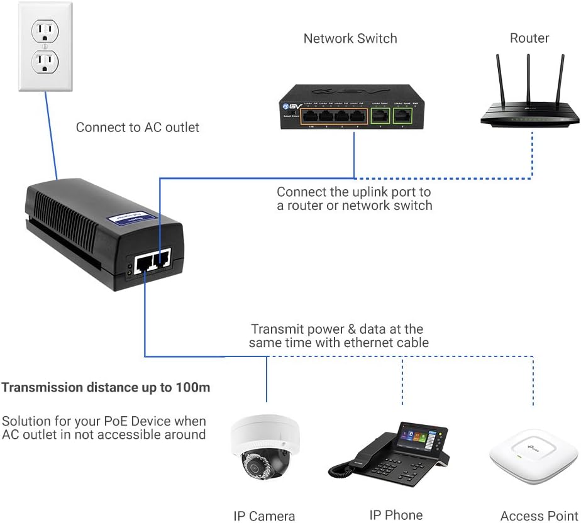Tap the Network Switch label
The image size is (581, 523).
tap(350, 38)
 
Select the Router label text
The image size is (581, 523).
tap(529, 38)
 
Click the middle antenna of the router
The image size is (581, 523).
tap(528, 82)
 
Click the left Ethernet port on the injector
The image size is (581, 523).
tap(144, 260)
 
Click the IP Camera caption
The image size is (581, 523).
tap(264, 516)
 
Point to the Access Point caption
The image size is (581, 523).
tap(539, 516)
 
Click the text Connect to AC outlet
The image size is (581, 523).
tap(137, 128)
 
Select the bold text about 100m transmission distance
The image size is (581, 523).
tap(106, 387)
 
